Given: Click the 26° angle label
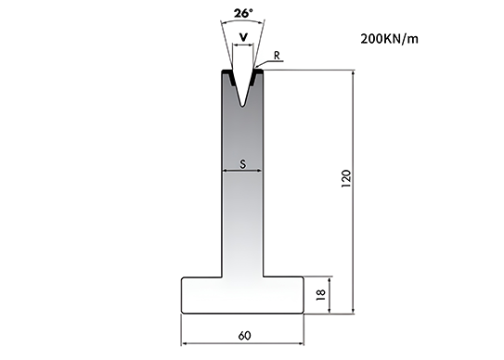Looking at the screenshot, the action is click(243, 13).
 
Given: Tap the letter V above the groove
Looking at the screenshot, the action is click(244, 38).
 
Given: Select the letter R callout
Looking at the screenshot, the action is click(278, 56).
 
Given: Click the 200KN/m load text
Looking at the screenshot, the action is click(389, 39).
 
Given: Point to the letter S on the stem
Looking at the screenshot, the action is click(243, 164).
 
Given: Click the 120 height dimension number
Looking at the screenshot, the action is click(346, 179).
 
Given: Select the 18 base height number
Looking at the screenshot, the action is click(321, 294).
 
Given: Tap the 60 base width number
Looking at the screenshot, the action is click(244, 336).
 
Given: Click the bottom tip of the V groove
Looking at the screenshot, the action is click(243, 107).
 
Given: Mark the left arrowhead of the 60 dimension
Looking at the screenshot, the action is click(184, 343).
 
